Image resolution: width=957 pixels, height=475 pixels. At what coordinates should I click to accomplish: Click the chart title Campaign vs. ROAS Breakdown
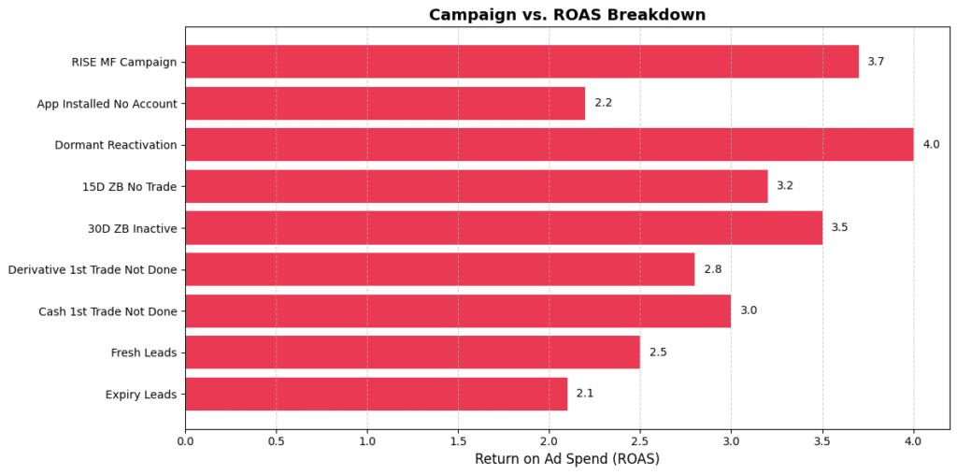[567, 15]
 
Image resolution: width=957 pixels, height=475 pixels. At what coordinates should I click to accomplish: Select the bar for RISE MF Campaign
[521, 62]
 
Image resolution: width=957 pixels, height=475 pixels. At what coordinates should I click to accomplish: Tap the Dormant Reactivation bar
[549, 145]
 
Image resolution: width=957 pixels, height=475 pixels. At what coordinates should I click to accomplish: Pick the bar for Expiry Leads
[376, 394]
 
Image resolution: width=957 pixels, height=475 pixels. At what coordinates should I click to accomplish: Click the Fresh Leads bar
[412, 353]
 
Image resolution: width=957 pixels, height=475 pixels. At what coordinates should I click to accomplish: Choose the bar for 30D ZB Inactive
[503, 227]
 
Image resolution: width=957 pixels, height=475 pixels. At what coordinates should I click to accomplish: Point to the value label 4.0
[931, 145]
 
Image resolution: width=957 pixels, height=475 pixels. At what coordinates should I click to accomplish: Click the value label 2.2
[603, 103]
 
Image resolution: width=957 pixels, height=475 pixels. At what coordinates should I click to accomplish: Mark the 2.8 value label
[712, 269]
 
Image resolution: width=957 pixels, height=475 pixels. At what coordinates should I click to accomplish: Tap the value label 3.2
[785, 186]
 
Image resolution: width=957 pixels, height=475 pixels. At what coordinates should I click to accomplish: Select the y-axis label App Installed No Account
[107, 104]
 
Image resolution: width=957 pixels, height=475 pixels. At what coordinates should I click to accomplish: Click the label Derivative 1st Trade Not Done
[93, 269]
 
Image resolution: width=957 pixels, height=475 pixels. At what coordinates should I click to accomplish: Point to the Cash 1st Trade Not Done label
[107, 310]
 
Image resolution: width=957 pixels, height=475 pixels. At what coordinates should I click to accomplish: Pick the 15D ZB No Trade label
[130, 186]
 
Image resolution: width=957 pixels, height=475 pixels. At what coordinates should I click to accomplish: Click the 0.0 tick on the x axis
[185, 439]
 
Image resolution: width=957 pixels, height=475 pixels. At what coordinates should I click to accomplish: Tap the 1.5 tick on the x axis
[458, 439]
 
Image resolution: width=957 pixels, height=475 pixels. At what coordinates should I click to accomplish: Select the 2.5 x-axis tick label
[640, 439]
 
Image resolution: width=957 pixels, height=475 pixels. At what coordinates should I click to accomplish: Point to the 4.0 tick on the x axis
[913, 439]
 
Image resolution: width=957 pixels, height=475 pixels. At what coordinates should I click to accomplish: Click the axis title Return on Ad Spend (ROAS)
[567, 459]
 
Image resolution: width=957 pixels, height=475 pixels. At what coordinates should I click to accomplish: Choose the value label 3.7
[876, 62]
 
